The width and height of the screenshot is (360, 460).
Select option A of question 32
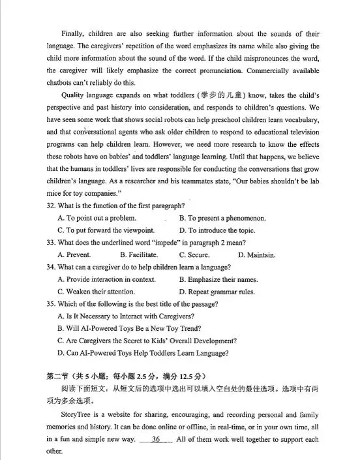[97, 218]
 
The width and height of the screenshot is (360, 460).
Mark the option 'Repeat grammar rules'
[217, 292]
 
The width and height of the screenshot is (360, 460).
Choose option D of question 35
[143, 353]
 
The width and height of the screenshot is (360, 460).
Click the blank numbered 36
[156, 439]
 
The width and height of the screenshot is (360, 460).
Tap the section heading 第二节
[57, 377]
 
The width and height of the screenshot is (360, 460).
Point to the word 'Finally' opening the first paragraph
[73, 33]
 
